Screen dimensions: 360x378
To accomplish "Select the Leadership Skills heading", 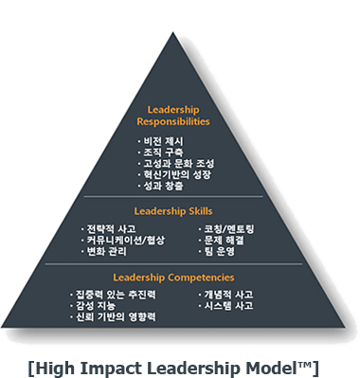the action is pyautogui.click(x=179, y=209).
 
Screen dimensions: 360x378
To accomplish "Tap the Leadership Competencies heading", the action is pyautogui.click(x=179, y=277).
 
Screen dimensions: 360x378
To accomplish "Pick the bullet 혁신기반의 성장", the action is pyautogui.click(x=176, y=174).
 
